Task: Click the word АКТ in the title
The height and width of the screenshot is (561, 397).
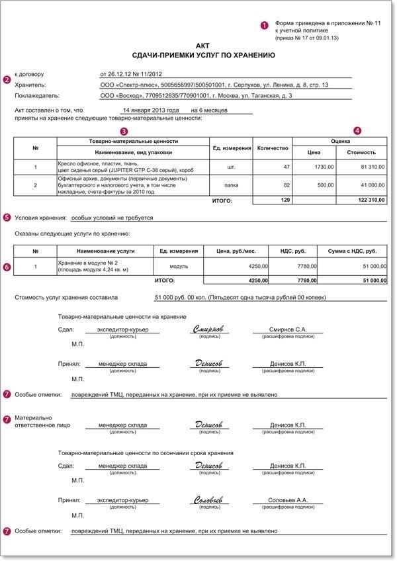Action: (x=203, y=44)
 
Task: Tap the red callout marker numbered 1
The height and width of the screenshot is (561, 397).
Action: (x=264, y=25)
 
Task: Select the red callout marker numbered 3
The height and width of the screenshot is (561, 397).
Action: (x=123, y=131)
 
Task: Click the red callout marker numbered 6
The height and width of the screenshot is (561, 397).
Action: (x=7, y=267)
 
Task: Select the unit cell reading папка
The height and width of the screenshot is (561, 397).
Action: (x=231, y=185)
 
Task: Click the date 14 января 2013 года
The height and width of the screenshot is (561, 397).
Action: (x=151, y=110)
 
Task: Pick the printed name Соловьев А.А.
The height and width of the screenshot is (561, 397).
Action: (x=288, y=501)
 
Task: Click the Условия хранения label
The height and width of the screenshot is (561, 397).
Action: (x=40, y=217)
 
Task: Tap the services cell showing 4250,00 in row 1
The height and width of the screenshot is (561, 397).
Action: (x=256, y=266)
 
